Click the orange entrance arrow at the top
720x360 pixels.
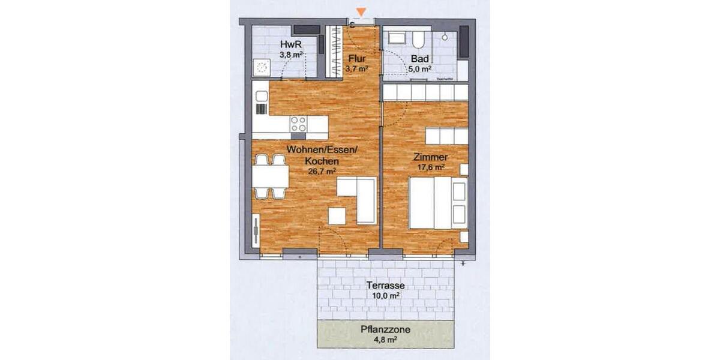coord(361,12)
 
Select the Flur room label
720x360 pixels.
coord(356,59)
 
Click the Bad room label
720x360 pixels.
coord(419,59)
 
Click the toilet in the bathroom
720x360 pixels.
coord(418,40)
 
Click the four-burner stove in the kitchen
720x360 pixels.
coord(298,124)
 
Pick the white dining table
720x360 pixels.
coord(270,177)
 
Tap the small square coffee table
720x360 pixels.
coord(337,216)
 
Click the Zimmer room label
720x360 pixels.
coord(430,157)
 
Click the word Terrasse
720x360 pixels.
coord(386,286)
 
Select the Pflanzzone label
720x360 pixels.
coord(386,330)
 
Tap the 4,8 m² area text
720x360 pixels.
coord(386,340)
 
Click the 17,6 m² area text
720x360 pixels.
coord(430,167)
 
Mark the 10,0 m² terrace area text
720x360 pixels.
coord(386,296)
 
